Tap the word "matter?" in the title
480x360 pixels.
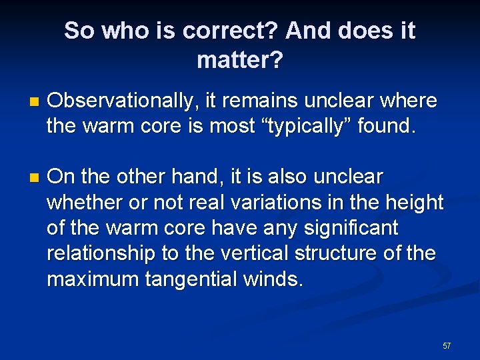(240, 61)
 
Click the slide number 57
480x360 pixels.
(446, 345)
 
